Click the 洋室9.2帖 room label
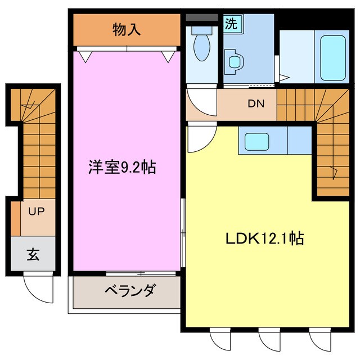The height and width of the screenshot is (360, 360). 121,167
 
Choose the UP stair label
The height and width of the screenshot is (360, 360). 37,212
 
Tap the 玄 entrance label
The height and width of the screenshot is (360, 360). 33,254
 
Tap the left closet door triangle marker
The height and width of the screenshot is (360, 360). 84,55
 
